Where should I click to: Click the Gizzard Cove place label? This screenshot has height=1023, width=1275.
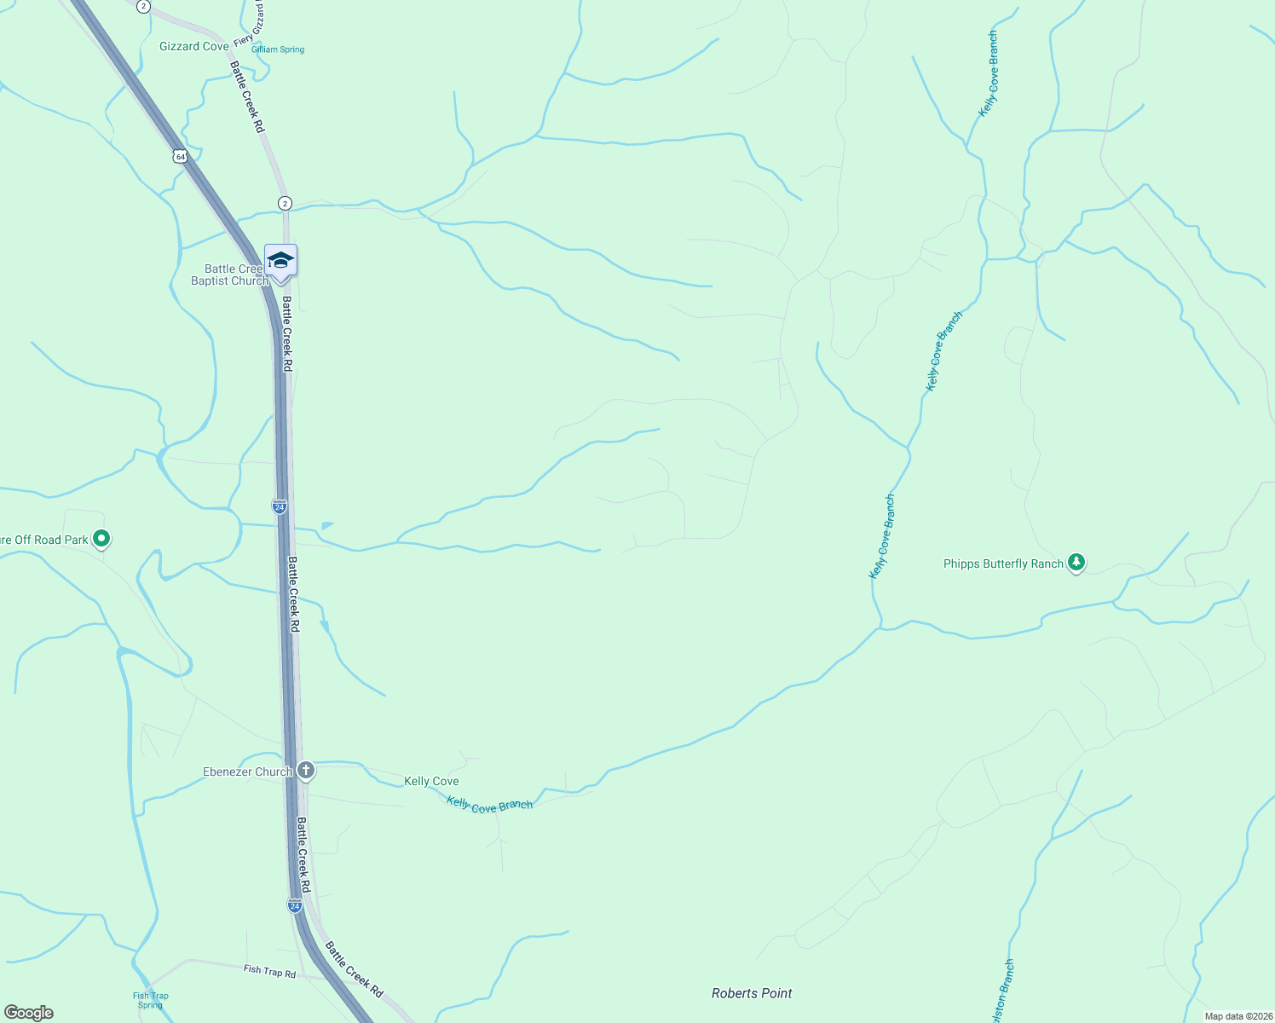click(193, 46)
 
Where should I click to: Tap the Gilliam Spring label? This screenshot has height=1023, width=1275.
click(278, 49)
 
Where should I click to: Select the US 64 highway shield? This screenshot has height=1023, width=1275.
click(179, 156)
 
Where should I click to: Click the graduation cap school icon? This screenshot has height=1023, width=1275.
click(280, 260)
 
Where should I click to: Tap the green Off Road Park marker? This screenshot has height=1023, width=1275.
click(101, 538)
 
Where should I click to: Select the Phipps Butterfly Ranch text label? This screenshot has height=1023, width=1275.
click(1003, 564)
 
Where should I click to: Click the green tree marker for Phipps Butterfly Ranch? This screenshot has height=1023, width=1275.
click(1076, 562)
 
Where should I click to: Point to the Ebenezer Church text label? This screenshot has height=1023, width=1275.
click(247, 772)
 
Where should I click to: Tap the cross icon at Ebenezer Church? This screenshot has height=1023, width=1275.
click(306, 771)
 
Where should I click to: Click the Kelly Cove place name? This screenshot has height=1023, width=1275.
click(431, 781)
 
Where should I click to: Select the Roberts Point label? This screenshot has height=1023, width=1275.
click(752, 993)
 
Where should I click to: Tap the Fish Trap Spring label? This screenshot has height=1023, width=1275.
click(151, 1000)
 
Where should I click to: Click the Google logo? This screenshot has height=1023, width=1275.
click(29, 1013)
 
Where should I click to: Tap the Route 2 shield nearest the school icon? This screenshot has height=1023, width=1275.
click(285, 203)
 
